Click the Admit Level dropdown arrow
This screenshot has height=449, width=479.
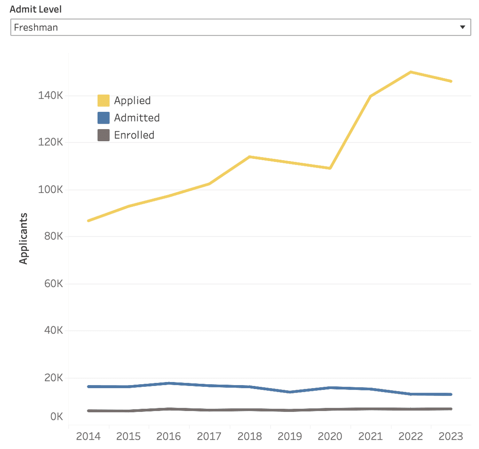click(463, 27)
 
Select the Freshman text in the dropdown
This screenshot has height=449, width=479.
click(36, 27)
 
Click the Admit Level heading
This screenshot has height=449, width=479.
click(36, 9)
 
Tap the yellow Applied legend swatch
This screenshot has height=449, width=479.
click(103, 101)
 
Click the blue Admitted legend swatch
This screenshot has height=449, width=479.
click(103, 118)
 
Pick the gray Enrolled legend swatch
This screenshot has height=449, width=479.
click(103, 135)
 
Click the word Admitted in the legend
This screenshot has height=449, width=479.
click(137, 118)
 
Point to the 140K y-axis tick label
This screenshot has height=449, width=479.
click(51, 96)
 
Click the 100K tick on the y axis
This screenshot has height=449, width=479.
click(51, 190)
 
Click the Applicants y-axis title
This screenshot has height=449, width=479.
click(24, 239)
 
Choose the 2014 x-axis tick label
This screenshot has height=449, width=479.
click(88, 436)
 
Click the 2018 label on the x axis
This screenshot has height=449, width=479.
click(250, 436)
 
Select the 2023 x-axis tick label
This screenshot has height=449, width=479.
click(451, 436)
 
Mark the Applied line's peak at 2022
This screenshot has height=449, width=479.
click(411, 72)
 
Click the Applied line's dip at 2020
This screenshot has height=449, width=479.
click(330, 168)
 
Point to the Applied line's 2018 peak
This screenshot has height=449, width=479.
click(250, 157)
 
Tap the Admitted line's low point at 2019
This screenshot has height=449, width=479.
click(290, 392)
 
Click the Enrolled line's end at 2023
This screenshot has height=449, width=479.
click(451, 409)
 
